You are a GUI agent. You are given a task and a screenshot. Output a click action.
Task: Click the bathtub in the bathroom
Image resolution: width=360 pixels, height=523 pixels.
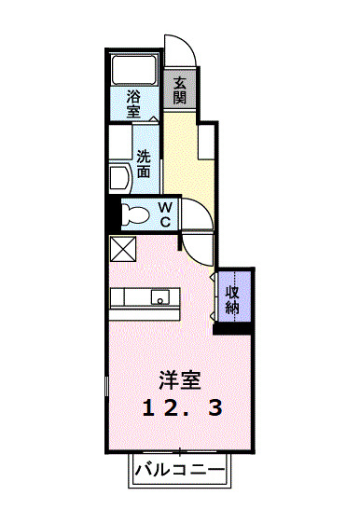[x=133, y=71]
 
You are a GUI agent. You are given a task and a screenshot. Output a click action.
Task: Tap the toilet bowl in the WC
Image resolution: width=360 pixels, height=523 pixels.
[x=136, y=214]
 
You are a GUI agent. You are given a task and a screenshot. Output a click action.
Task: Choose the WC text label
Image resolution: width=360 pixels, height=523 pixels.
[x=162, y=213]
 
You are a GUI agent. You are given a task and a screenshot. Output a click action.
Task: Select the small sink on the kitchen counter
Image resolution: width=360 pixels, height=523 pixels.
[x=159, y=299]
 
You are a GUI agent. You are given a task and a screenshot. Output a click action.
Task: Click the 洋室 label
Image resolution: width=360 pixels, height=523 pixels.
[x=180, y=380]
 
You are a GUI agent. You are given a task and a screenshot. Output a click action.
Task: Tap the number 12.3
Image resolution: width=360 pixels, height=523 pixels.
[x=181, y=407]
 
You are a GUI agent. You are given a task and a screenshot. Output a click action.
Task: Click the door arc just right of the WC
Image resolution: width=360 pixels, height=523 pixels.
[x=194, y=216]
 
